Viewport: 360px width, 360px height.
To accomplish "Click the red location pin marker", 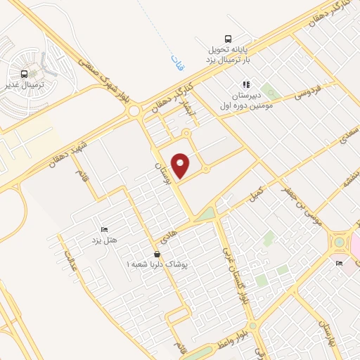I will click(182, 165).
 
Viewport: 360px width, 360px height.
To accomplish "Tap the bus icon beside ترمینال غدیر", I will click(25, 74).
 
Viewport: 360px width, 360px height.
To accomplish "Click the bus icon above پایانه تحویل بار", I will click(227, 39).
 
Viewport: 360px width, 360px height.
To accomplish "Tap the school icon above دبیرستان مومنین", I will click(246, 84).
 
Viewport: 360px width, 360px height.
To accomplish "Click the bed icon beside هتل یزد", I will click(105, 229).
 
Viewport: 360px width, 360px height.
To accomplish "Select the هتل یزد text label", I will click(103, 240).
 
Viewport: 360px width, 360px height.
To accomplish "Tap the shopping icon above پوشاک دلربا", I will click(157, 254).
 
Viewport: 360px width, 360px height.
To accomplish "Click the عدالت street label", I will click(70, 261).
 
